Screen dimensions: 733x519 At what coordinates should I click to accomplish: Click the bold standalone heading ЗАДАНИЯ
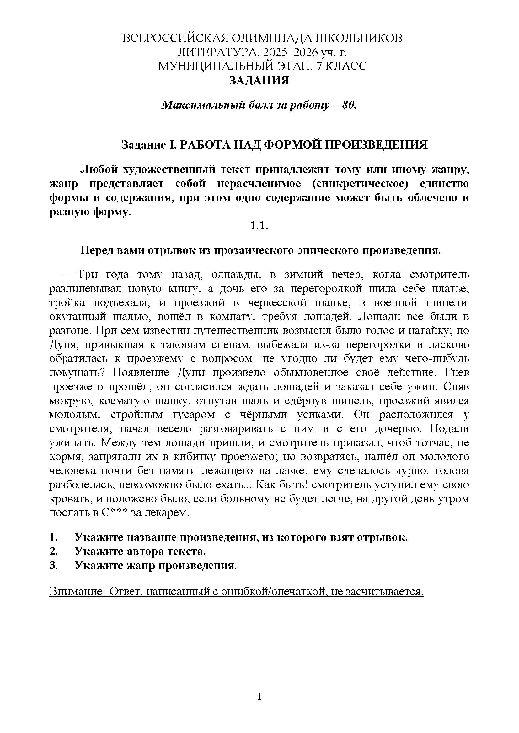[259, 80]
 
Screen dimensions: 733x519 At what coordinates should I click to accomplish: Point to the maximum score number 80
[349, 105]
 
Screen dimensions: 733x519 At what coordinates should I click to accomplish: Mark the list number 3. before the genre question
[53, 565]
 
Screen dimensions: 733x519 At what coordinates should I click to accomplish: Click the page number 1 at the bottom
[259, 696]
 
